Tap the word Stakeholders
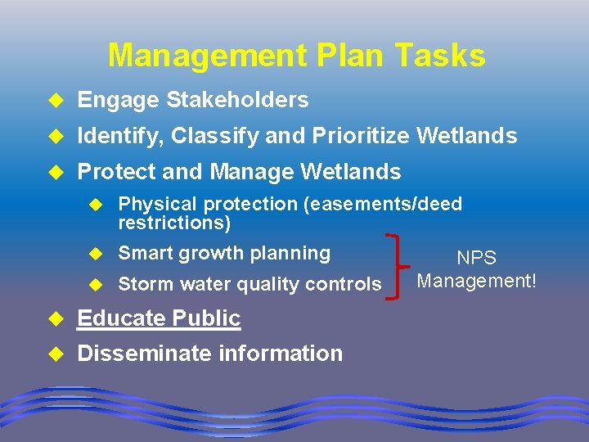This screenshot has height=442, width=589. coord(237,100)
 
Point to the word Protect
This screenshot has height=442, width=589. coord(115,172)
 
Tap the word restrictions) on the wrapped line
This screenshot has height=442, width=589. coord(174,223)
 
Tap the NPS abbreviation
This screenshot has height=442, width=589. coord(476,258)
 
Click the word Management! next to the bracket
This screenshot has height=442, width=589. coord(476,281)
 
